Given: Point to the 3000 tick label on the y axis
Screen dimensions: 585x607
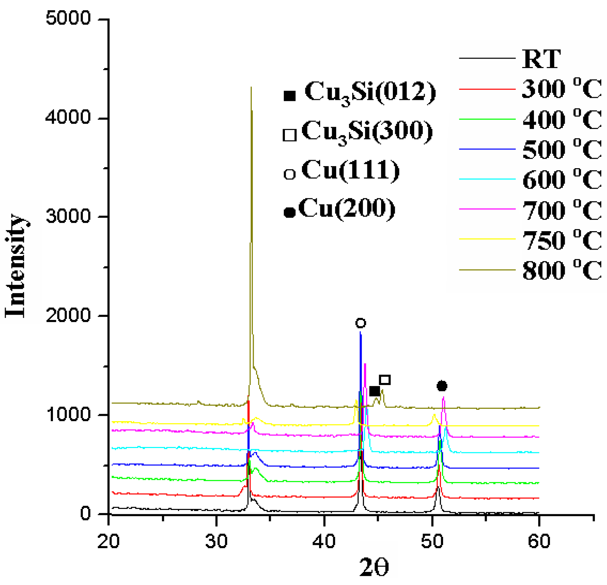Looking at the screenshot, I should click(x=68, y=216).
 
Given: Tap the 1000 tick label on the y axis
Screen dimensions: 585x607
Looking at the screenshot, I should click(x=68, y=414).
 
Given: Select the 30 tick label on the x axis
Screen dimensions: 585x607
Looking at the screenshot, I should click(x=216, y=541).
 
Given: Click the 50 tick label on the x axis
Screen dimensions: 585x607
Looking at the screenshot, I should click(x=432, y=541).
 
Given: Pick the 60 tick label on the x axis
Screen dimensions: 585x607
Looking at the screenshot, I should click(x=539, y=541).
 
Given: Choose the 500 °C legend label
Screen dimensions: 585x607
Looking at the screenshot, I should click(x=562, y=149).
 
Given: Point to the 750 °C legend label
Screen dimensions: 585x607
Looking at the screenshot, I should click(x=562, y=240).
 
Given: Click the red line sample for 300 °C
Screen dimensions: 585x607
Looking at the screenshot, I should click(x=487, y=89).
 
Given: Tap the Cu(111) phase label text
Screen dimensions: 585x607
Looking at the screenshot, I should click(x=351, y=170).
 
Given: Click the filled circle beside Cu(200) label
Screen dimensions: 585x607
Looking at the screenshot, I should click(x=290, y=212).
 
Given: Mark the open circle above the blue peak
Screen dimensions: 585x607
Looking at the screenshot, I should click(x=360, y=323).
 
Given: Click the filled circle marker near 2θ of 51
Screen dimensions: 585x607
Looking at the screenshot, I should click(x=442, y=386).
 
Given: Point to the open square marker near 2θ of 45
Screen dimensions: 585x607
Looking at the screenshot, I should click(x=385, y=380).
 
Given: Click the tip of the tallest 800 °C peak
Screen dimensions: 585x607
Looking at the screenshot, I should click(x=251, y=88).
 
